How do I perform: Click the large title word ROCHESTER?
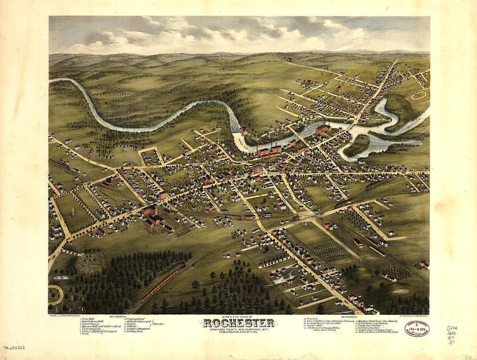coord(238,323)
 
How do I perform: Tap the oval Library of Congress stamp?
coord(417,328)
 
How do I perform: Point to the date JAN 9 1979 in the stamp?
coord(417,329)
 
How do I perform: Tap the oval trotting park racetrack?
coord(419,95)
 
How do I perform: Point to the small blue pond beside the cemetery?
coord(62,277)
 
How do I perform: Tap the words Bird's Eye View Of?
coord(238,317)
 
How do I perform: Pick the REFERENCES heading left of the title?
coord(118,317)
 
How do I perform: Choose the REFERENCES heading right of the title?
coord(350,317)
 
